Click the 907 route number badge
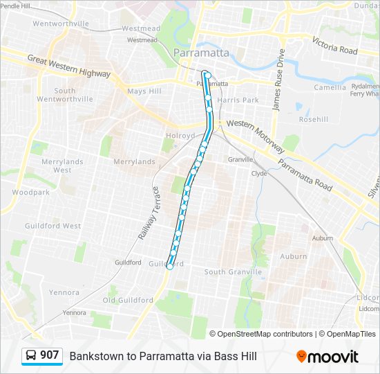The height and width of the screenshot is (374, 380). coord(49,355)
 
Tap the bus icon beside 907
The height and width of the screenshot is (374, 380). coord(32,356)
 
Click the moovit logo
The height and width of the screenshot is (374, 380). coord(327,357)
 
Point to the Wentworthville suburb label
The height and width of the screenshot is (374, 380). coord(61,24)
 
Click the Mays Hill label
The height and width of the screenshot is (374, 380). coord(144,91)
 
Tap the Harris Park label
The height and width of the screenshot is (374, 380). coord(238,100)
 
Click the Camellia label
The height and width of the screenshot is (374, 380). coord(330,88)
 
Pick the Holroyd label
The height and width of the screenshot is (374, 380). coord(180,136)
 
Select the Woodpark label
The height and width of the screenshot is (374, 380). coord(30,192)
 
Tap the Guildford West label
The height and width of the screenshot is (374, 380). coord(53,226)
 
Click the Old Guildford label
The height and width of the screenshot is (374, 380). coord(128,300)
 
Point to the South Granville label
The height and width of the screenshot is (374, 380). coord(233,272)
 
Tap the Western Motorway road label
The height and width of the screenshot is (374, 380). coord(256,135)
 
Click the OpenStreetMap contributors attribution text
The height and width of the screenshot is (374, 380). coord(264,334)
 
